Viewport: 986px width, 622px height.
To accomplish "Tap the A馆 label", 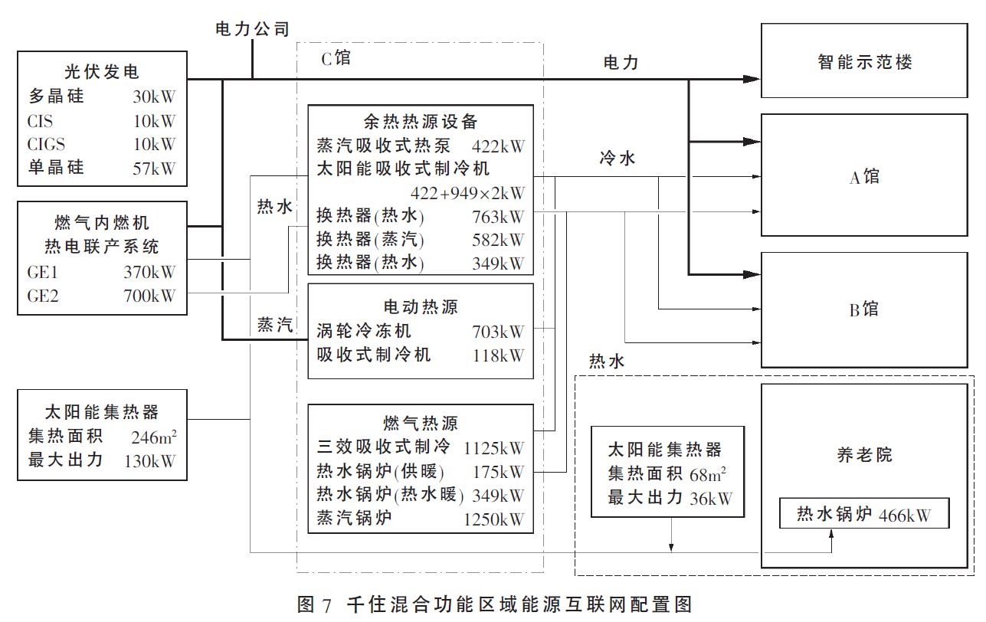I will tap(865, 178).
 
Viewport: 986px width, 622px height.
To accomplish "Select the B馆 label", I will tap(865, 309).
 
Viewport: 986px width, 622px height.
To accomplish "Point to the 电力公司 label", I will tap(252, 30).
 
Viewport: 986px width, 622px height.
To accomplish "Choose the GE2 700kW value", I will tap(149, 296).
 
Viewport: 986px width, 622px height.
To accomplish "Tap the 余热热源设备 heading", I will tap(421, 121).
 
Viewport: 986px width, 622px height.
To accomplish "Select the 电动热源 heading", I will tap(421, 306).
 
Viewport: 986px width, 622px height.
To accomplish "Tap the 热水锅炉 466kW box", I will tap(863, 514).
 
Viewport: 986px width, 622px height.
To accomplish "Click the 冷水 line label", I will tap(617, 159).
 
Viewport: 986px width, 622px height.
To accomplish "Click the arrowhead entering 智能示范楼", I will tap(753, 78).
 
